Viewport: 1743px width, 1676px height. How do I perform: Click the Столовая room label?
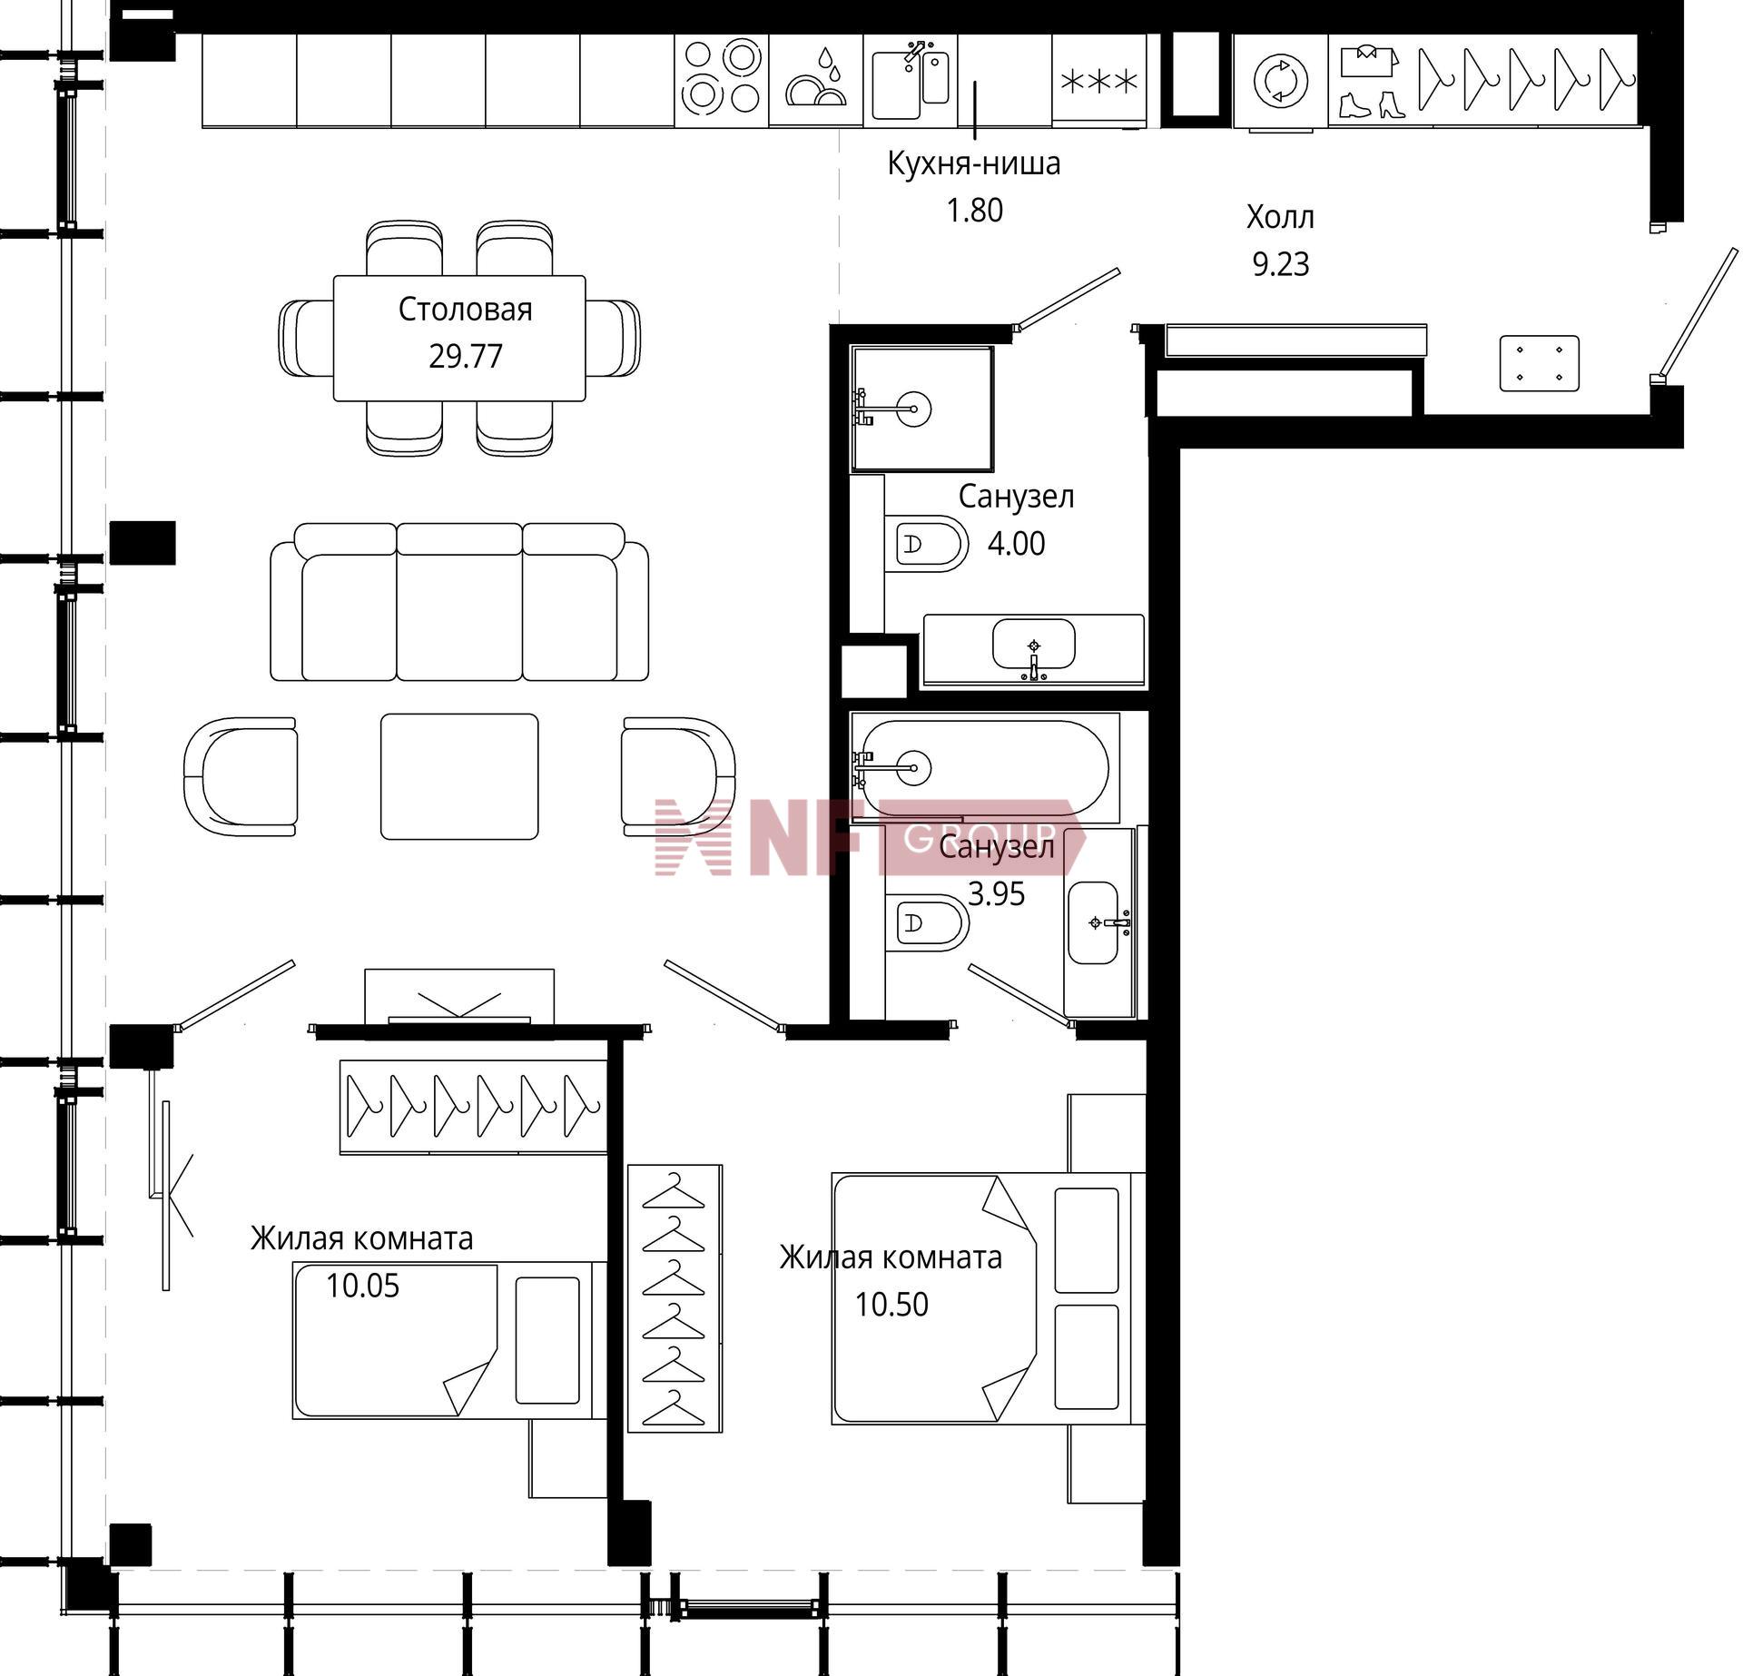(x=465, y=311)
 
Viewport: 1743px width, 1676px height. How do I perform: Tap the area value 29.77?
(x=466, y=356)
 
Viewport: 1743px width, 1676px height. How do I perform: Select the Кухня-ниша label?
(x=974, y=164)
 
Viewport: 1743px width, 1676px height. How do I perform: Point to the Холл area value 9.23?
(x=1281, y=264)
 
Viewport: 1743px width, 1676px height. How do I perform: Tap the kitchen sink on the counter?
(x=911, y=80)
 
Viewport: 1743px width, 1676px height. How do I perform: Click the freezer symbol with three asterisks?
(x=1099, y=82)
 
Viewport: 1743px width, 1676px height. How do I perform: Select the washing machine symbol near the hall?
(x=1280, y=81)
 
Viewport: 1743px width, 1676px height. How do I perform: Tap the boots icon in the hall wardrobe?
(x=1372, y=104)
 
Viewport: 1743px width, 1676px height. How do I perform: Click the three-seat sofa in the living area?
(x=459, y=602)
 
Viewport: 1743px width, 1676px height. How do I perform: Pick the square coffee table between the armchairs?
(x=459, y=776)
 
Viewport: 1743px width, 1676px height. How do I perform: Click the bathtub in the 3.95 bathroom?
(x=985, y=768)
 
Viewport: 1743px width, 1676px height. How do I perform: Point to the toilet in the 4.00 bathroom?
(x=926, y=544)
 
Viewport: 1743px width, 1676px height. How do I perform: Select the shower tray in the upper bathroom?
(x=921, y=409)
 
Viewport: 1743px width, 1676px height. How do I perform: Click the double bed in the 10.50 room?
(x=989, y=1299)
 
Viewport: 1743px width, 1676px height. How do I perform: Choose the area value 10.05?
(x=363, y=1286)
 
